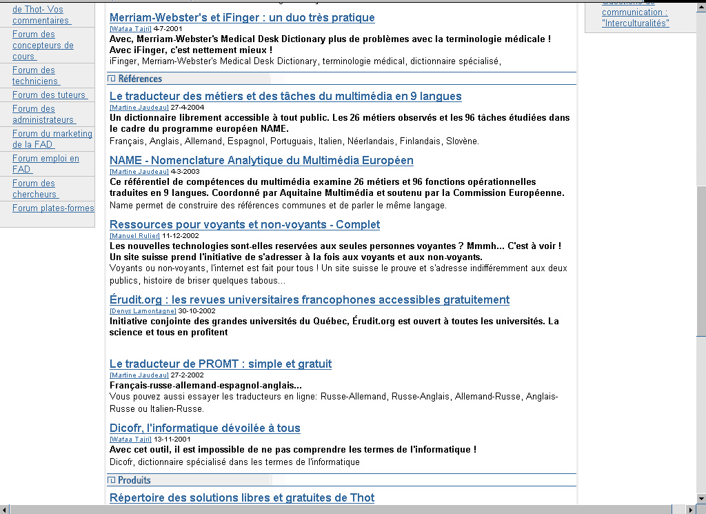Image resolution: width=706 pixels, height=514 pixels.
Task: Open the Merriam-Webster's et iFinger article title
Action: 242,18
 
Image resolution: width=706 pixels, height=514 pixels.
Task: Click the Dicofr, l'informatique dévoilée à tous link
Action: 205,428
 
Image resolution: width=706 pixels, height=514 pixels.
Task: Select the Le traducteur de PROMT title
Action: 221,364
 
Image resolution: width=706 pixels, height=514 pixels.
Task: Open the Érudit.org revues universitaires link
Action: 310,300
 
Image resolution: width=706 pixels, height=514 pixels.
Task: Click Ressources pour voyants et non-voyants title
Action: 245,225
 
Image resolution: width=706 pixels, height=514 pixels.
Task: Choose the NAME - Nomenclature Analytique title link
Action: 261,161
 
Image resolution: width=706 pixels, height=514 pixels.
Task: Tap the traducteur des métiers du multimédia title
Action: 285,97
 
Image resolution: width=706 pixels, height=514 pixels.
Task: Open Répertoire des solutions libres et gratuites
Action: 242,498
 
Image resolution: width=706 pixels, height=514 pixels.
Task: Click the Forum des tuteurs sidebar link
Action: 49,95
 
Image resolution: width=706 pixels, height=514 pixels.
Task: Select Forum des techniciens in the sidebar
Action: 34,76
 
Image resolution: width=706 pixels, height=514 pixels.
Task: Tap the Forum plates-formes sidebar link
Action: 53,208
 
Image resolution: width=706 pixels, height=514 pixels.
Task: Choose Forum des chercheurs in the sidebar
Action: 34,189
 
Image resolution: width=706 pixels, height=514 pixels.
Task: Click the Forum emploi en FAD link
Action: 46,164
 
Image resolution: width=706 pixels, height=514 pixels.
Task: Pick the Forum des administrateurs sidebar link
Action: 43,115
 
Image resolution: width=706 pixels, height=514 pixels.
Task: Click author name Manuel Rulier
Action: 135,236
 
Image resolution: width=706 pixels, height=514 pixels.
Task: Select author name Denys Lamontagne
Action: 143,311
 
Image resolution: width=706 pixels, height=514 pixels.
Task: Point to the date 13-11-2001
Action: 172,439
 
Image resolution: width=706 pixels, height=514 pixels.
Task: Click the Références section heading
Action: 140,79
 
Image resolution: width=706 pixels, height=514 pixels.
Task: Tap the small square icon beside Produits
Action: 112,480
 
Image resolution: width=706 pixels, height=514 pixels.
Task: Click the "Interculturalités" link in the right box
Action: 635,23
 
